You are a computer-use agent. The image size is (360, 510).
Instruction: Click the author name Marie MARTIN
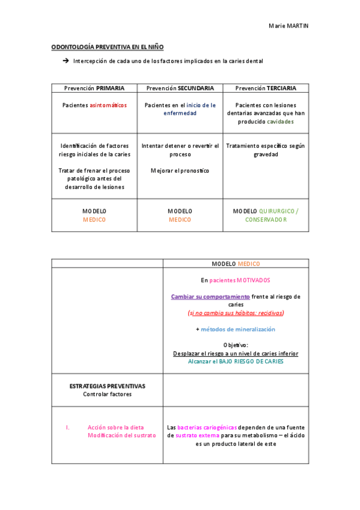click(x=288, y=26)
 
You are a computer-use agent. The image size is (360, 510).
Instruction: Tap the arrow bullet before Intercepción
click(x=66, y=61)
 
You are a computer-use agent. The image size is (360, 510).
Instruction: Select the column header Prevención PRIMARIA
click(x=94, y=88)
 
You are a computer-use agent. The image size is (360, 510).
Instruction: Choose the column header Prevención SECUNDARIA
click(x=180, y=88)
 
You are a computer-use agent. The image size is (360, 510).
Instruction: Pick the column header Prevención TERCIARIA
click(x=266, y=88)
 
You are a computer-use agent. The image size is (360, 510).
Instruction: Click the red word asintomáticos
click(x=108, y=105)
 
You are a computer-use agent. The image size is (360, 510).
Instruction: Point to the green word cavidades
click(x=281, y=121)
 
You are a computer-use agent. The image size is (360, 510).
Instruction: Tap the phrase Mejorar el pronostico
click(x=180, y=171)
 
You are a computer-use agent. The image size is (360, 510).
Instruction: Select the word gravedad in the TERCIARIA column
click(x=266, y=154)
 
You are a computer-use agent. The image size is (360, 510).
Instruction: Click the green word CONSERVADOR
click(x=266, y=220)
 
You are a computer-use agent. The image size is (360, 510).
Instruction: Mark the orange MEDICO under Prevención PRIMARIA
click(x=94, y=220)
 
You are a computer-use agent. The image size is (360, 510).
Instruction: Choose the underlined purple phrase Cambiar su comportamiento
click(x=210, y=296)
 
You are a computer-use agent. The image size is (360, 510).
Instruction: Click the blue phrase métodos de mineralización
click(x=237, y=329)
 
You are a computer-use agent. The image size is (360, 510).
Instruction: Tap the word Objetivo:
click(x=236, y=345)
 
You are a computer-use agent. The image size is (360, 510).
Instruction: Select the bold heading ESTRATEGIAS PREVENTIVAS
click(x=108, y=386)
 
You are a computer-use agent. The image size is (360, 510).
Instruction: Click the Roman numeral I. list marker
click(x=68, y=427)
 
